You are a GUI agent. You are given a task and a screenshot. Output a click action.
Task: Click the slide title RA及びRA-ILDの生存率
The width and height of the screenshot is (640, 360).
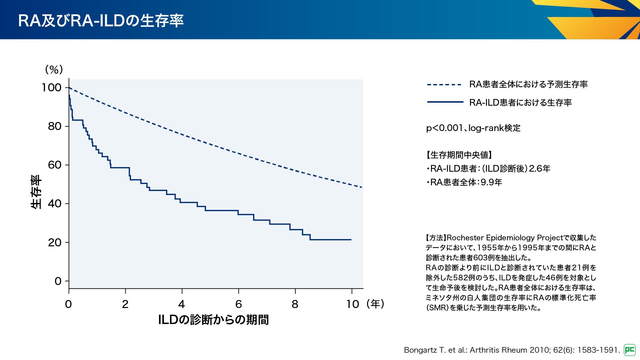pyautogui.click(x=101, y=20)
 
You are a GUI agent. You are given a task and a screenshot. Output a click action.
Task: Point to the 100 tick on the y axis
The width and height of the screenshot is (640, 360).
pyautogui.click(x=52, y=88)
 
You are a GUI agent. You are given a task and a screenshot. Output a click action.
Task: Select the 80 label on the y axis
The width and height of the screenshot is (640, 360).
pyautogui.click(x=55, y=126)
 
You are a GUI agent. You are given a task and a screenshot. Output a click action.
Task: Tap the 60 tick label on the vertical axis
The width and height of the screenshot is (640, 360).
pyautogui.click(x=55, y=165)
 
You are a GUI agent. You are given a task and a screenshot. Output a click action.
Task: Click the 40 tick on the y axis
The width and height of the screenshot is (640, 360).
pyautogui.click(x=55, y=204)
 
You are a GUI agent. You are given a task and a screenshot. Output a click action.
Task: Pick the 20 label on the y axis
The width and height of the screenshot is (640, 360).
pyautogui.click(x=55, y=243)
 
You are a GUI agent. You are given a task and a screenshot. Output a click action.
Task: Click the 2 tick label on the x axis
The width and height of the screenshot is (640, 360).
pyautogui.click(x=125, y=304)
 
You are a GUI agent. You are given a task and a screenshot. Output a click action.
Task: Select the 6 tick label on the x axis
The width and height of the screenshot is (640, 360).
pyautogui.click(x=239, y=304)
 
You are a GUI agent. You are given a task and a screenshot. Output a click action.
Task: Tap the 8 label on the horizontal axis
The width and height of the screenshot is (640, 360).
pyautogui.click(x=295, y=304)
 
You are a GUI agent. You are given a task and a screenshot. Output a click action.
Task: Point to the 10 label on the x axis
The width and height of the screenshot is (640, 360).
pyautogui.click(x=353, y=304)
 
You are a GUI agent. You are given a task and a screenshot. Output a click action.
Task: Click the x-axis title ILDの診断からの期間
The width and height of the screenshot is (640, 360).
pyautogui.click(x=213, y=320)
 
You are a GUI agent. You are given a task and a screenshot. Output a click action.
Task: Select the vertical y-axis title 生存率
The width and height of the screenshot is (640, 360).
pyautogui.click(x=36, y=192)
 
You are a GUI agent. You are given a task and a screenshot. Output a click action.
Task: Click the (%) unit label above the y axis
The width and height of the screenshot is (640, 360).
pyautogui.click(x=54, y=69)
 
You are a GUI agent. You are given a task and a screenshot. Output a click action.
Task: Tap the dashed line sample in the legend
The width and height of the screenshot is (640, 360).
pyautogui.click(x=444, y=85)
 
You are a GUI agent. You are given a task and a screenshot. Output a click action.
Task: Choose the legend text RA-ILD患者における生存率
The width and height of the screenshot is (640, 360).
pyautogui.click(x=520, y=102)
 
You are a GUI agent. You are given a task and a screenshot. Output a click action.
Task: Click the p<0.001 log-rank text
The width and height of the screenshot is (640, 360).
pyautogui.click(x=473, y=128)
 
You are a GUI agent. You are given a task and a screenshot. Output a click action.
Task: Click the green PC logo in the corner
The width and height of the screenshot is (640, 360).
pyautogui.click(x=630, y=350)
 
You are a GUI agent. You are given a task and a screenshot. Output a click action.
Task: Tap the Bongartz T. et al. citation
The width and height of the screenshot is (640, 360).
pyautogui.click(x=512, y=350)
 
